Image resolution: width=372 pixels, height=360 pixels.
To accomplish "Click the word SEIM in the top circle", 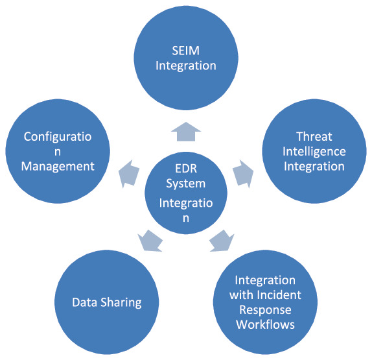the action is pos(186,51).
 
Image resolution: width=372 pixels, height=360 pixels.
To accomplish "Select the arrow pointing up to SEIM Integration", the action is pos(186,132).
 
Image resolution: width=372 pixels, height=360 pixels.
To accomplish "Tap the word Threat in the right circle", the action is pos(314,137).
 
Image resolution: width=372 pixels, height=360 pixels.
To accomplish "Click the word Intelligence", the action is pos(314,152).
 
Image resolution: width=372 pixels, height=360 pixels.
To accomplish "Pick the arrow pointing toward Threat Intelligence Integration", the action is pos(243,174).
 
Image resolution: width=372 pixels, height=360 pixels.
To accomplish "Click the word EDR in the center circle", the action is pos(186,169).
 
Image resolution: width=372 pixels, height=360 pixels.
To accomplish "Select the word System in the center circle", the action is pos(186,184).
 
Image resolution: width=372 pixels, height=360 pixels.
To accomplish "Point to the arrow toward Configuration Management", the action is pos(129,174).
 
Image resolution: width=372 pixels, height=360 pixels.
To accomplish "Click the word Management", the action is pos(58,167).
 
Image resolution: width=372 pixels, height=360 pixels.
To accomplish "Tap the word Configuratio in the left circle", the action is pos(58,137).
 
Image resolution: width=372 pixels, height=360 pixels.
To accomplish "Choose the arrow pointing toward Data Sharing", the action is pos(150,241).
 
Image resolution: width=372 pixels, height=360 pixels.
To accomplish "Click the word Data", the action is pos(85,302).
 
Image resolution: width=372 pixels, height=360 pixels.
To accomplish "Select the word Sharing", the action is pos(121,303).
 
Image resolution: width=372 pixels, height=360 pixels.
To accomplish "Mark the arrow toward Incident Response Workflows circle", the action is pos(222,241).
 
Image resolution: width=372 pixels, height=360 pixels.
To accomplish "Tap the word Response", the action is pos(265,310).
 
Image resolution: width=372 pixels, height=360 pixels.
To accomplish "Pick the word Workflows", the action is pos(265,324).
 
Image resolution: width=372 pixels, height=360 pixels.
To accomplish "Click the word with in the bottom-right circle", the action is pos(242,295).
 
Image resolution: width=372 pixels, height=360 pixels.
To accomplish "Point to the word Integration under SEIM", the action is pos(186,66).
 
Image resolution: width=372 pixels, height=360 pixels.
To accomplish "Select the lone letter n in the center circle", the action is pos(186,219).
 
